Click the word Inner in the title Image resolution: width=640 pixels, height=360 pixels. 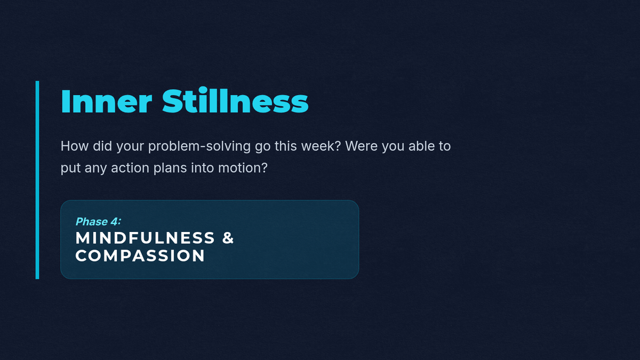tap(106, 101)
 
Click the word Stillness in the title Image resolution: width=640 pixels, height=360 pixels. tap(235, 100)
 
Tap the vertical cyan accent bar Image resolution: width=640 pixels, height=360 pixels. tap(37, 180)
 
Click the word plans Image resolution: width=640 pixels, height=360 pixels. tap(170, 168)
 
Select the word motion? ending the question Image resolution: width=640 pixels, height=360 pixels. tap(243, 167)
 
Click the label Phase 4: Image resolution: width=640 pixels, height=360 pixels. tap(98, 221)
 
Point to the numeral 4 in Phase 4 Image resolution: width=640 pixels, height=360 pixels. tap(114, 221)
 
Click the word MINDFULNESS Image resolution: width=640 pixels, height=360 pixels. tap(145, 238)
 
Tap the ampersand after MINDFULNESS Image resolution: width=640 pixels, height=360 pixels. tap(228, 238)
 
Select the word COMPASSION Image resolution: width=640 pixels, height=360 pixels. tap(140, 255)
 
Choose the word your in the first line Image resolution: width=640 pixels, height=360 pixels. tap(130, 147)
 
